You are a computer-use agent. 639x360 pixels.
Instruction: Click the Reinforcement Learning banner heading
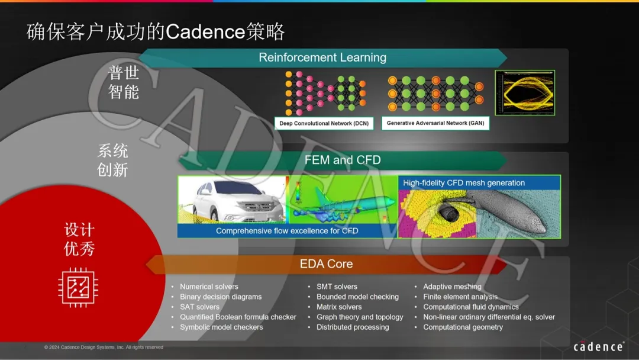tap(322, 57)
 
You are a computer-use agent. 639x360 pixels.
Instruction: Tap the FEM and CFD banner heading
tap(343, 160)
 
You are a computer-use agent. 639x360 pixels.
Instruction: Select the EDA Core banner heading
tap(326, 263)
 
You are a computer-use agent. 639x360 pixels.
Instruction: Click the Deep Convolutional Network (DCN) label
tap(324, 123)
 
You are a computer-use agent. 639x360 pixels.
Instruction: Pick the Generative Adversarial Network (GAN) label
tap(435, 123)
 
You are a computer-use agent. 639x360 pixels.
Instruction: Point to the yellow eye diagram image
tap(525, 92)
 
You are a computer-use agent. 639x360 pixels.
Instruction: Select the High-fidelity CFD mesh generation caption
tap(464, 182)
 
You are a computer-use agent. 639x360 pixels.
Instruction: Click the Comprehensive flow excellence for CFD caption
tap(287, 231)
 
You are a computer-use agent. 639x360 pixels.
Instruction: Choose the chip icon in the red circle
tap(78, 287)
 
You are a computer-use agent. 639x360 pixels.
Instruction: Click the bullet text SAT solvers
tap(199, 307)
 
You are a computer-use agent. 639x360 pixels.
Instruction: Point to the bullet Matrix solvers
tap(338, 307)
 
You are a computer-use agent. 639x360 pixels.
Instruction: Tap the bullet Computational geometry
tap(463, 327)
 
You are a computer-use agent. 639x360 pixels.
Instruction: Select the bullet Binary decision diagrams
tap(221, 297)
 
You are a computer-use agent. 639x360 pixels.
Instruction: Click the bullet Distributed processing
tap(353, 327)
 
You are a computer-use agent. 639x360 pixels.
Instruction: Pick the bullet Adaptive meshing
tap(452, 287)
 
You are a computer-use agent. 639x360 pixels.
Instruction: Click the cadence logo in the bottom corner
tap(598, 346)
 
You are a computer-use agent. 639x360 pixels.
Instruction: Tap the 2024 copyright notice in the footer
tap(104, 348)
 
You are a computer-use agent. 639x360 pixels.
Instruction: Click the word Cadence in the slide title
tap(205, 31)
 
